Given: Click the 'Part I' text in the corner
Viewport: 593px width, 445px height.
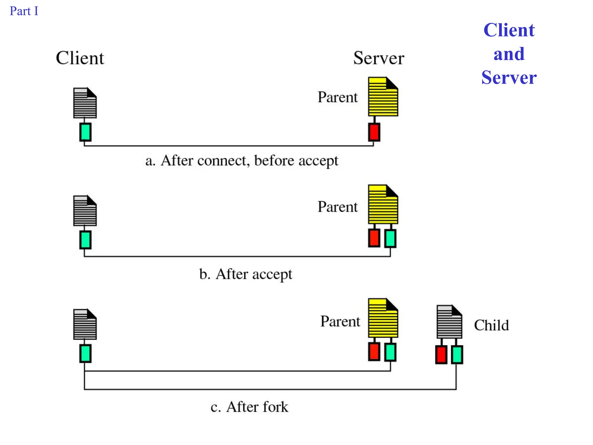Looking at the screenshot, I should (x=24, y=11).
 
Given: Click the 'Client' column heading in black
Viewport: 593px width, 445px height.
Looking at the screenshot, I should (x=80, y=58).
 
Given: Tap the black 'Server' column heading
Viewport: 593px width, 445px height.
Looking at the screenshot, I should (x=378, y=58).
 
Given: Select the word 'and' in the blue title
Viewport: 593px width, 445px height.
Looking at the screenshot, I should (x=509, y=54).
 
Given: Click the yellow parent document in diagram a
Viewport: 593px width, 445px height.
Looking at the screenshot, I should (x=383, y=97).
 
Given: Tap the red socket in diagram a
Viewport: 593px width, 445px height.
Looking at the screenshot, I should (x=374, y=132).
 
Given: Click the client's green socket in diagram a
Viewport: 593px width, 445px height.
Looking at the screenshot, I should (x=85, y=132).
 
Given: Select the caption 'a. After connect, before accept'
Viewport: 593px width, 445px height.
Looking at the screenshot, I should (x=242, y=161).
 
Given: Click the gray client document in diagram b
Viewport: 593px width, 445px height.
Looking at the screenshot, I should (x=85, y=211).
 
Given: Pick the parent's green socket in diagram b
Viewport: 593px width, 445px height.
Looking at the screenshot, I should (x=390, y=238).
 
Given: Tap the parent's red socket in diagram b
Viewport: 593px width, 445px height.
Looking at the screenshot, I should (x=374, y=238).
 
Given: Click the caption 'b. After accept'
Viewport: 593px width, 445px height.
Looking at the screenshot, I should (x=246, y=274).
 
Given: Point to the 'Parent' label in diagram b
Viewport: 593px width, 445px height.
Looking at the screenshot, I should (x=338, y=207).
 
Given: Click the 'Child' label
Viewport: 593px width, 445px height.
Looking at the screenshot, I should (x=491, y=325).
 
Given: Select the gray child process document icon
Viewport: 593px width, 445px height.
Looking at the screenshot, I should (x=449, y=322).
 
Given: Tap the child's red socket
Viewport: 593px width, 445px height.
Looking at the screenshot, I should (x=441, y=355).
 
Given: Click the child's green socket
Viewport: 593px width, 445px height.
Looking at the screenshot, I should (x=457, y=355).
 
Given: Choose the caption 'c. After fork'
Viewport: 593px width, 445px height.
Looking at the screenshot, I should (x=249, y=407).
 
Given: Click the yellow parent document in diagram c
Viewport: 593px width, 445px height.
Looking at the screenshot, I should (x=383, y=318).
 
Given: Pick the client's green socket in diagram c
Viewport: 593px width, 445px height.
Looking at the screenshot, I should (x=85, y=353).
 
